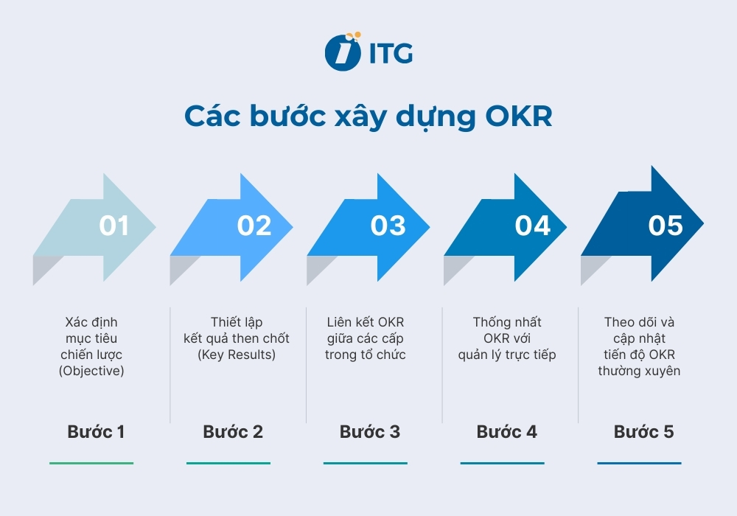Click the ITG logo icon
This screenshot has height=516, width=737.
pyautogui.click(x=342, y=52)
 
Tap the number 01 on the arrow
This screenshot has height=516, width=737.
pyautogui.click(x=114, y=226)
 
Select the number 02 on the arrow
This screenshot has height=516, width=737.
pyautogui.click(x=254, y=226)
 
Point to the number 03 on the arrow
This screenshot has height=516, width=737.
pyautogui.click(x=388, y=226)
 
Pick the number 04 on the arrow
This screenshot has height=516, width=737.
pyautogui.click(x=532, y=226)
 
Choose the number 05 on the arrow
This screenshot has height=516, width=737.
pyautogui.click(x=666, y=226)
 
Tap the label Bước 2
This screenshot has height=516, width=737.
pyautogui.click(x=233, y=432)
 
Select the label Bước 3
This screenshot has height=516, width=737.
pyautogui.click(x=370, y=432)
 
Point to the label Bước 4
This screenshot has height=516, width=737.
pyautogui.click(x=507, y=432)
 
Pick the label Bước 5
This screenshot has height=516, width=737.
pyautogui.click(x=643, y=432)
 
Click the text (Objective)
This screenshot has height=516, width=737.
pyautogui.click(x=91, y=372)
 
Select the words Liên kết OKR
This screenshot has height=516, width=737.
pyautogui.click(x=366, y=323)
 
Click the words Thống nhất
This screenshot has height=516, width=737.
pyautogui.click(x=507, y=323)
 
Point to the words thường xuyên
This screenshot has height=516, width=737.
pyautogui.click(x=639, y=372)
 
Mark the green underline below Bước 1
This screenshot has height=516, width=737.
pyautogui.click(x=91, y=463)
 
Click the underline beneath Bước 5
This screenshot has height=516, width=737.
pyautogui.click(x=639, y=463)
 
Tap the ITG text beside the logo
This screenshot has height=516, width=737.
pyautogui.click(x=391, y=53)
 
